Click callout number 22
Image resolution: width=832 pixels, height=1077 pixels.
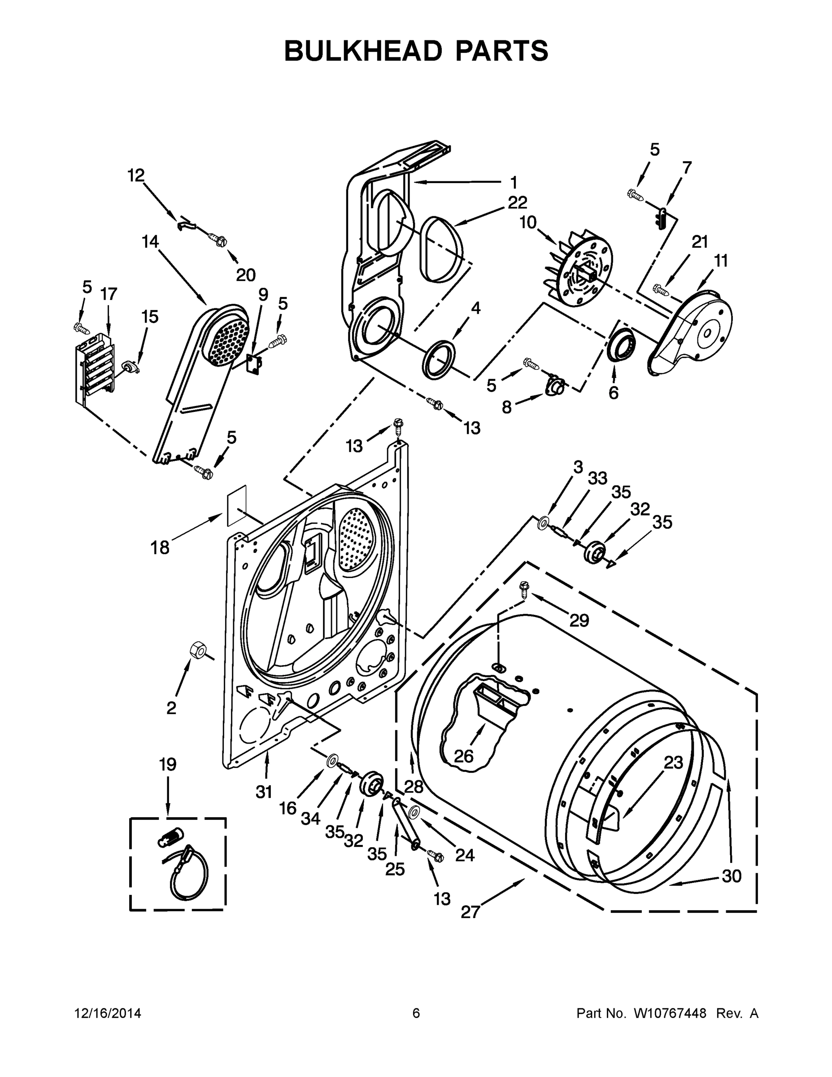(x=517, y=202)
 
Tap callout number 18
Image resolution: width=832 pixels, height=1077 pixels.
(x=160, y=547)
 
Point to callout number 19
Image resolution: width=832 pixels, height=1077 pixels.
(x=168, y=765)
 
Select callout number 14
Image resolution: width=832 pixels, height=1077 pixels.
(x=150, y=241)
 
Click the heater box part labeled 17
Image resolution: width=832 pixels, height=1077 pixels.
(x=95, y=368)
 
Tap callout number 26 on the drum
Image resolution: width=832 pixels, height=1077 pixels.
(x=463, y=756)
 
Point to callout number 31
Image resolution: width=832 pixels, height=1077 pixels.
(x=264, y=792)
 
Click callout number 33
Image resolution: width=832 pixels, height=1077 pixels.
(x=597, y=478)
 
